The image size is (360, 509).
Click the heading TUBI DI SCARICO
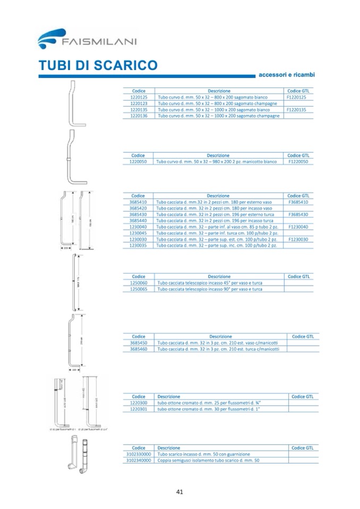tap(98, 66)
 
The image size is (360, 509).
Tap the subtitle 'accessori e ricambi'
tap(287, 75)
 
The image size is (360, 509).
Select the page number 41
tap(179, 491)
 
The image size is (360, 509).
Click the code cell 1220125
tap(139, 98)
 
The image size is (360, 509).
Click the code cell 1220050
tap(138, 161)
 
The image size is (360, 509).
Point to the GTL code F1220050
tap(298, 161)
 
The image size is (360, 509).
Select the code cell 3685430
tap(138, 214)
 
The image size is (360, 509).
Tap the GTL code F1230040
tap(298, 227)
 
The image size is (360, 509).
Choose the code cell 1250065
tap(139, 289)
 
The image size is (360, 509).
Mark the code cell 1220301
tap(139, 409)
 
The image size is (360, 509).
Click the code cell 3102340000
tap(139, 461)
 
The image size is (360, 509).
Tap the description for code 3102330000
tap(204, 454)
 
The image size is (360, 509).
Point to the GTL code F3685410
tap(298, 202)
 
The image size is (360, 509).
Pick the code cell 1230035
tap(138, 245)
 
